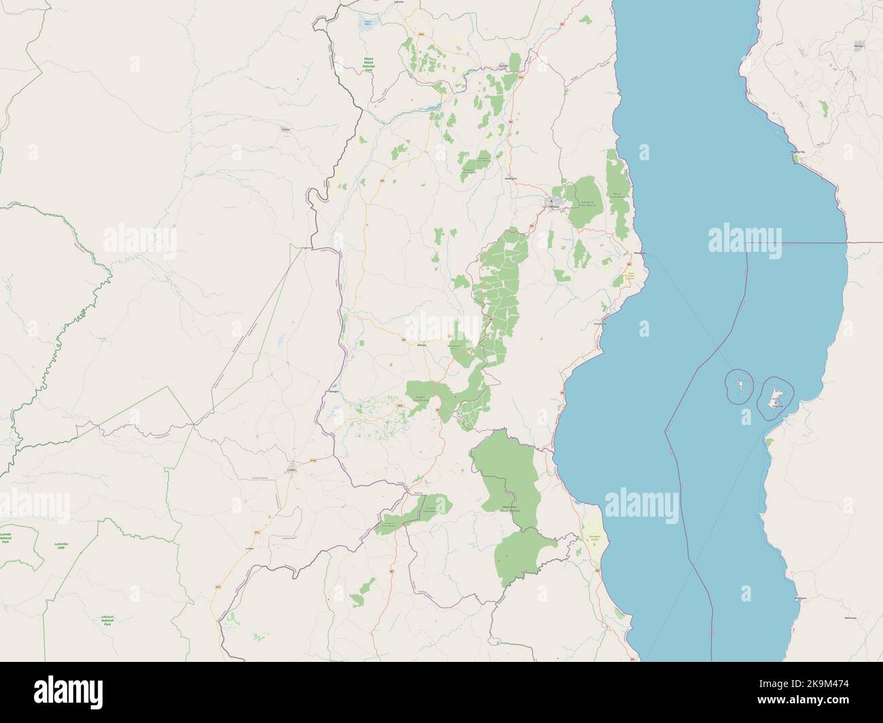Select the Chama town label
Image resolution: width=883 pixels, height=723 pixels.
pos(285,128)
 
